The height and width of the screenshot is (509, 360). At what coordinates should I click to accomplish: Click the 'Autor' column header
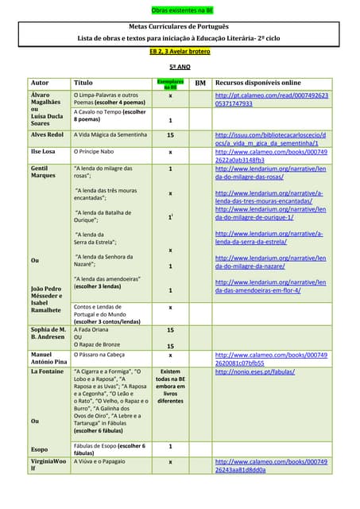point(39,83)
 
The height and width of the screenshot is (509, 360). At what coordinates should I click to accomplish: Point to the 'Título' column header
point(83,83)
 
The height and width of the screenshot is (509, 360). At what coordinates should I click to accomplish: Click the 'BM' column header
point(200,83)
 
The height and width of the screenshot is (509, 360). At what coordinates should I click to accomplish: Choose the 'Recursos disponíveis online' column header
point(258,83)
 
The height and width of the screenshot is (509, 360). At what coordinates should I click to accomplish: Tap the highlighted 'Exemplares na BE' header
point(170,83)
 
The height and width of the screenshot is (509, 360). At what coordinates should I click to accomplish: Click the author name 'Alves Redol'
point(48,135)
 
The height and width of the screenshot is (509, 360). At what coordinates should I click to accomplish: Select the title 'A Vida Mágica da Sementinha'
point(110,135)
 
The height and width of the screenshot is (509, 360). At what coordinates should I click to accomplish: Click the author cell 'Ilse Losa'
point(43,151)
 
